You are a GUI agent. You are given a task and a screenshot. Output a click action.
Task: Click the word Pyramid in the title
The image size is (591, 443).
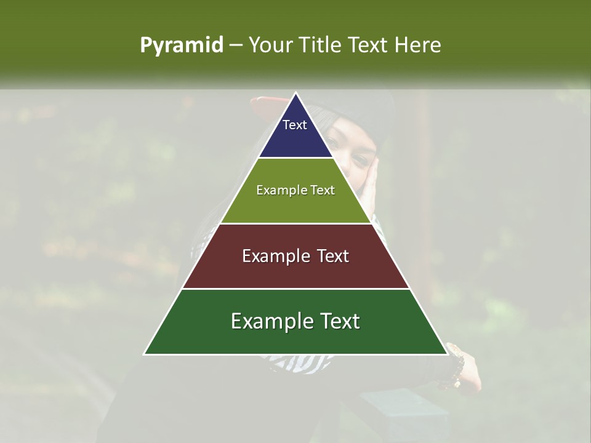coord(181,46)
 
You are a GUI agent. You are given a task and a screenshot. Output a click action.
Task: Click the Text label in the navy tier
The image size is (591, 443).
coord(295,125)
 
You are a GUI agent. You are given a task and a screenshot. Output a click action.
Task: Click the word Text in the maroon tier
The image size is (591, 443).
coord(329,256)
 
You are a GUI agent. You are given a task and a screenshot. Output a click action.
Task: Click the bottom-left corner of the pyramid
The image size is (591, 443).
coord(145,354)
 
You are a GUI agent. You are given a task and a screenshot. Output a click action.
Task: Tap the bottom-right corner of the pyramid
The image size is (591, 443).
coord(447,354)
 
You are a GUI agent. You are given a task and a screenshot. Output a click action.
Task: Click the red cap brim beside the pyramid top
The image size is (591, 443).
coord(265,103)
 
